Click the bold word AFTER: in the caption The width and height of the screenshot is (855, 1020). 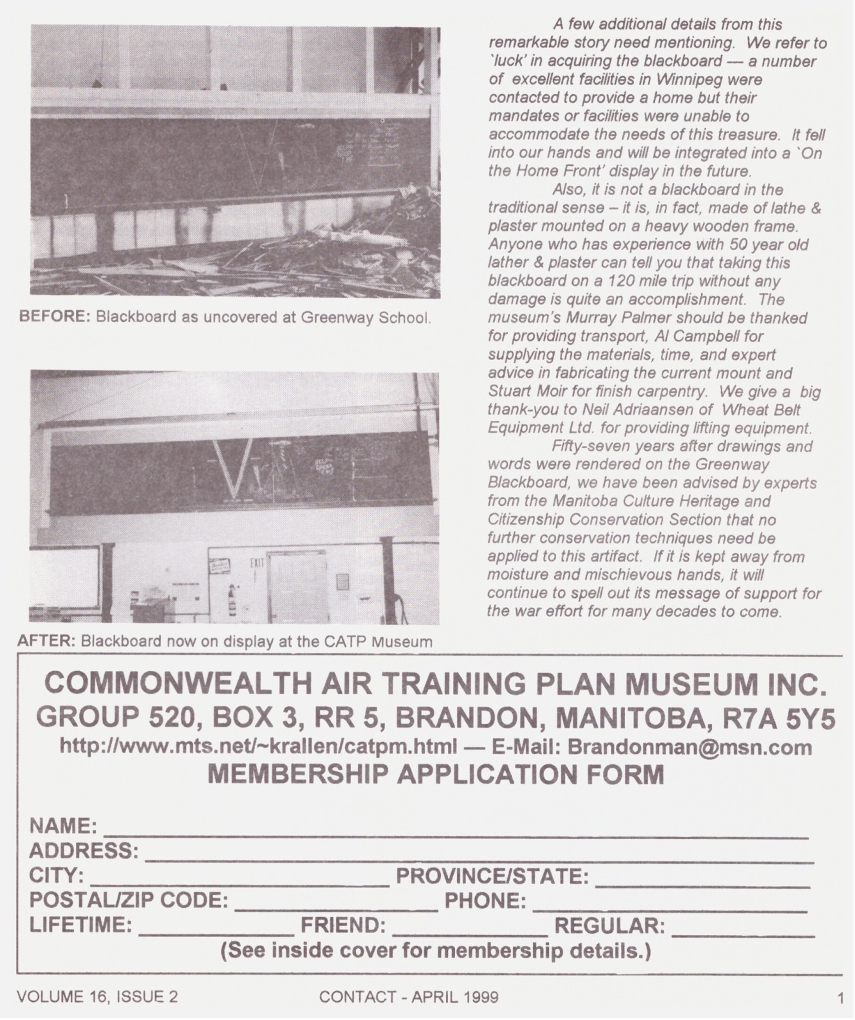[x=46, y=641]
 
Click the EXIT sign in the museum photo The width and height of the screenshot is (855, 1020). [x=254, y=563]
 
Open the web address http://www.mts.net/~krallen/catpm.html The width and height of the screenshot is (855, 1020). [x=258, y=747]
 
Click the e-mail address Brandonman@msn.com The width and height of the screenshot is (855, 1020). [x=689, y=747]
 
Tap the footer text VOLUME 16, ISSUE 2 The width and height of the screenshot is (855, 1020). [x=97, y=997]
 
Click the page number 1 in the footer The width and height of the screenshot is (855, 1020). [x=840, y=998]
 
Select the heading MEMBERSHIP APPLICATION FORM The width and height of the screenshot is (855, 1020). [x=435, y=774]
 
